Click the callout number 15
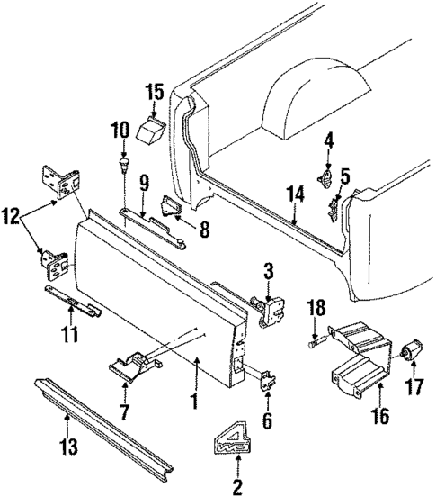[155, 92]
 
